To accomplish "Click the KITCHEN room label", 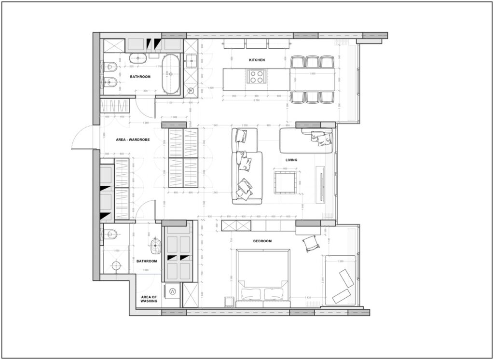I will (x=257, y=60).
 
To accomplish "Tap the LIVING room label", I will (x=291, y=160).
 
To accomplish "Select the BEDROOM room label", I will (x=262, y=241).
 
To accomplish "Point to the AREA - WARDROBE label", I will (x=133, y=140).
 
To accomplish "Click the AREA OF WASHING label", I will (x=149, y=299).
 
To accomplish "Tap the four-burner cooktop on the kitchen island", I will (x=256, y=76).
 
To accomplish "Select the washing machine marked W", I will (x=173, y=291).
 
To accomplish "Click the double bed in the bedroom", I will (x=263, y=277).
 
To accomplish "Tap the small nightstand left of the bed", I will (x=229, y=302).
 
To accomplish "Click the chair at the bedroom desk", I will (x=311, y=244).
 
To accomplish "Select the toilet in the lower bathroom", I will (x=110, y=235).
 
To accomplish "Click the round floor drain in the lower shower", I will (x=116, y=265).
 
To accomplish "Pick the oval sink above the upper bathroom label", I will (x=138, y=59).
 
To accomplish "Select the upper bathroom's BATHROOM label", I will (x=140, y=77).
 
